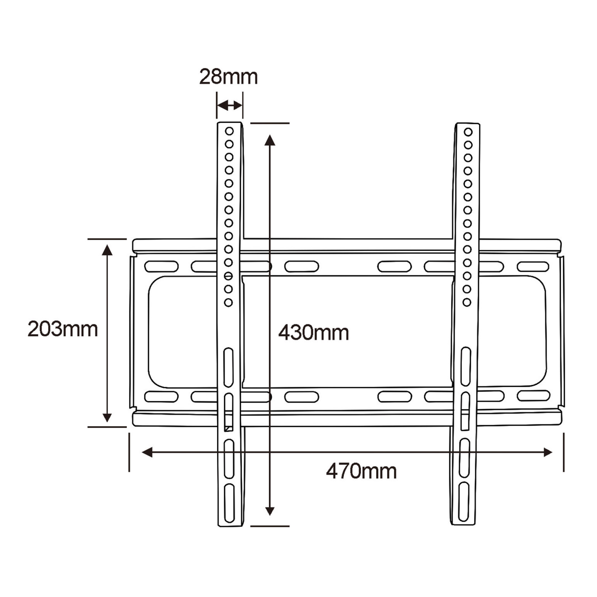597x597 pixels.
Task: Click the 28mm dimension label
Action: pyautogui.click(x=228, y=77)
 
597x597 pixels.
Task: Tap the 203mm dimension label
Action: pyautogui.click(x=63, y=329)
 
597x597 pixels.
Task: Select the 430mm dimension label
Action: pyautogui.click(x=314, y=333)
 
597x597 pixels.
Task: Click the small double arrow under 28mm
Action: pyautogui.click(x=230, y=105)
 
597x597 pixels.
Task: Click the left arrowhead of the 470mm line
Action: pyautogui.click(x=147, y=452)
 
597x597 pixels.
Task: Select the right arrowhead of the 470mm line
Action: pyautogui.click(x=548, y=452)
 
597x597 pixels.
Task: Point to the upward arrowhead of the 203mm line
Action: pyautogui.click(x=107, y=250)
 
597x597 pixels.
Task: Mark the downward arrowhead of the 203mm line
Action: pyautogui.click(x=107, y=417)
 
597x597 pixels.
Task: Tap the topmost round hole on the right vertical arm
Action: pyautogui.click(x=468, y=132)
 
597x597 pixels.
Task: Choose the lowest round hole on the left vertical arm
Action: pyautogui.click(x=228, y=302)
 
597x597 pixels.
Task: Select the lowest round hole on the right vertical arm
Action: pyautogui.click(x=467, y=302)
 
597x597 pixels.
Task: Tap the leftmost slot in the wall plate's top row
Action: pyautogui.click(x=161, y=266)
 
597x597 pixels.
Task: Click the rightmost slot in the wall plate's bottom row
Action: pyautogui.click(x=533, y=396)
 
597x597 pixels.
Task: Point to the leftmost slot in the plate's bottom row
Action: pyautogui.click(x=161, y=397)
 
